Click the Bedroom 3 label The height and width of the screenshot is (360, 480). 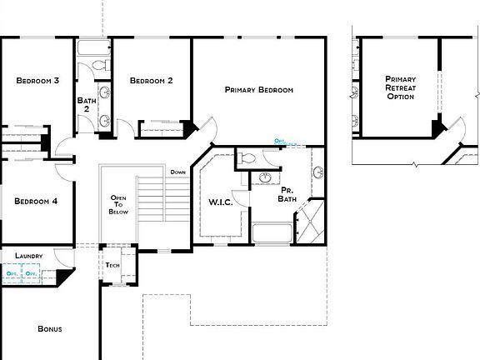coord(37,81)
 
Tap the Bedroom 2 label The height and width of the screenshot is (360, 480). coord(151,81)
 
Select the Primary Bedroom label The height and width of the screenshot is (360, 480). coord(258,89)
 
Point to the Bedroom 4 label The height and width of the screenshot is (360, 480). coord(37,201)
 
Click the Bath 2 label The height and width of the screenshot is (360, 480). coord(86,105)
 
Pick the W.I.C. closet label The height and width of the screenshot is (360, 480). coord(219,202)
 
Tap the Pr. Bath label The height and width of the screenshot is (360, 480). coord(287,194)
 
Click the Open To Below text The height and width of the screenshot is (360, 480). coord(118,205)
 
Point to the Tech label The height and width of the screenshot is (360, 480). coord(112,265)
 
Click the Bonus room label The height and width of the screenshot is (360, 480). coord(50,328)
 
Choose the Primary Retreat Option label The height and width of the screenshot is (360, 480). coord(400,87)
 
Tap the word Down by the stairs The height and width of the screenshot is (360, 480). coord(178,172)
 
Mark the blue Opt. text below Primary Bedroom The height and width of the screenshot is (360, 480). coord(280,142)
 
